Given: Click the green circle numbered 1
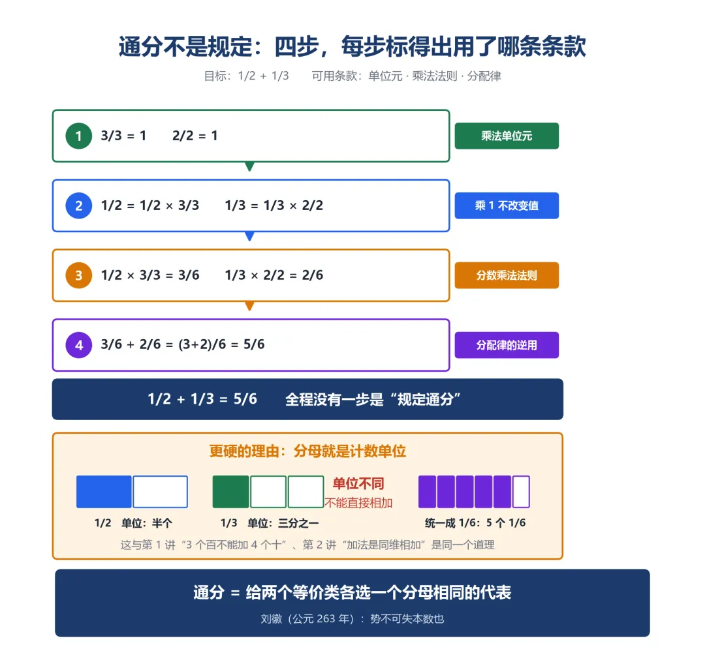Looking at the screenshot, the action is (79, 136).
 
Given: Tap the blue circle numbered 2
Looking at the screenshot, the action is (79, 205).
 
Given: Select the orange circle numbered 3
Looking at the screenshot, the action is (79, 275).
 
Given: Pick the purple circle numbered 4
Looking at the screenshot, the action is (79, 345).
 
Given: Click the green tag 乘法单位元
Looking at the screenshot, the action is (507, 136).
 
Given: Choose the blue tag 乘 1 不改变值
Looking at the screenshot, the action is (507, 205).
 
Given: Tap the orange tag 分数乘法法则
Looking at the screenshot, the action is (507, 275).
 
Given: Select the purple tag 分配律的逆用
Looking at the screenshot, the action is (507, 345).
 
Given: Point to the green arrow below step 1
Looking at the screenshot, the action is (249, 166).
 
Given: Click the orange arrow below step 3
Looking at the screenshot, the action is (249, 306).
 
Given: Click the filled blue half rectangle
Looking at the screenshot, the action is (104, 492).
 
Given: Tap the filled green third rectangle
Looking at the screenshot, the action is (230, 492).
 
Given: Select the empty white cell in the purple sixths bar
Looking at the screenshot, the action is (521, 492).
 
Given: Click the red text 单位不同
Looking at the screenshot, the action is (358, 483).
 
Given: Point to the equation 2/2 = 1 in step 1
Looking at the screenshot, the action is (195, 136).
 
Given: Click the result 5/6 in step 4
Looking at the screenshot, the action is (254, 344).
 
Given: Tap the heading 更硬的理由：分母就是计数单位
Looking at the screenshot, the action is (307, 451).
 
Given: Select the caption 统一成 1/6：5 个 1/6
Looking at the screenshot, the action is (475, 523).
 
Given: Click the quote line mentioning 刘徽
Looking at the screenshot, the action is (352, 618).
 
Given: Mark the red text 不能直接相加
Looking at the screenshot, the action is (358, 503).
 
